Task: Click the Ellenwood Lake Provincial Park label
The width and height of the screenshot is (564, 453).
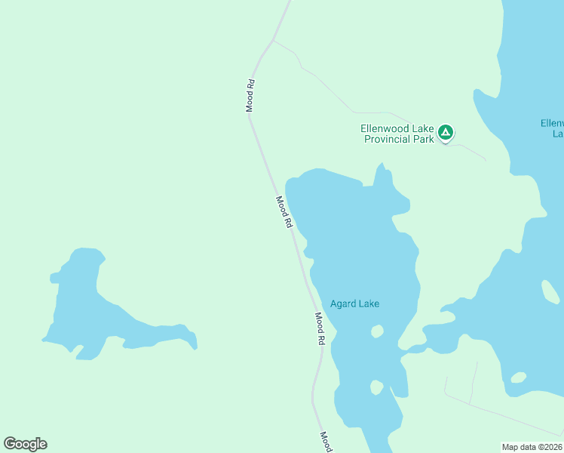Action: [x=397, y=134]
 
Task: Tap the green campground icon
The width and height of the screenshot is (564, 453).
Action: [x=446, y=133]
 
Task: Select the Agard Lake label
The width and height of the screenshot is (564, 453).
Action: [x=354, y=304]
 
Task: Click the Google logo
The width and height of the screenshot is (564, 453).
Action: [x=25, y=444]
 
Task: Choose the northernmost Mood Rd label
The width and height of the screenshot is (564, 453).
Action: [x=250, y=96]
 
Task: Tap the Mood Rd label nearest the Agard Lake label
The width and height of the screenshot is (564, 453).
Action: [x=320, y=329]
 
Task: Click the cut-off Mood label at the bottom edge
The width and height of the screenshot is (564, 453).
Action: [x=326, y=442]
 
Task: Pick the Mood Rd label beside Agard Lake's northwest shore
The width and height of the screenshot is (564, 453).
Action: [x=284, y=213]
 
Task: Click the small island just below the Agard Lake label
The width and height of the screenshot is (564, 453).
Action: [x=377, y=331]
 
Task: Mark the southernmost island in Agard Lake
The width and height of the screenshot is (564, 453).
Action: [x=376, y=387]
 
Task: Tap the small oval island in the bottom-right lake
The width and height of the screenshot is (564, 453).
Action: [x=518, y=377]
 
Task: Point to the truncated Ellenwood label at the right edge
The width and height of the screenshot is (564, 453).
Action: [x=553, y=128]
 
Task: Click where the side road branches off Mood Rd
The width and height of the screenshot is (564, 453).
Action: [x=273, y=39]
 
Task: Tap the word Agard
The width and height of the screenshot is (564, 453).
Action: [x=343, y=304]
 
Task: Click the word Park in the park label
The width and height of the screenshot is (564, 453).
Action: [x=424, y=139]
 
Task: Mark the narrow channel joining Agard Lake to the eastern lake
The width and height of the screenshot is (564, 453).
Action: [x=414, y=349]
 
